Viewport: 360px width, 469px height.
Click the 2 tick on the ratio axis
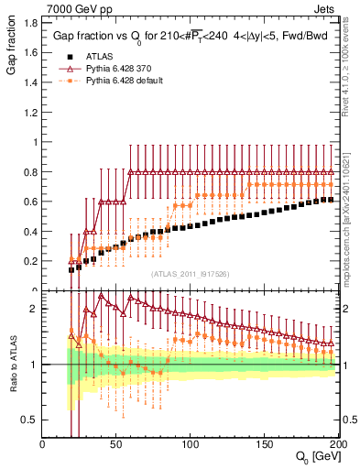click(x=34, y=309)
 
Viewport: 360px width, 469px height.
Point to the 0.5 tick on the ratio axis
click(x=29, y=420)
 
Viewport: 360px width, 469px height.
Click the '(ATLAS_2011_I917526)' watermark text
click(x=191, y=274)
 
